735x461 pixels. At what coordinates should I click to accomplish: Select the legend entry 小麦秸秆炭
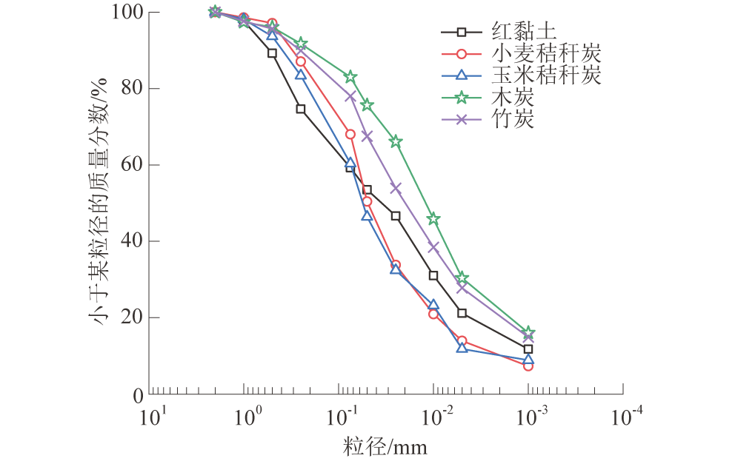point(545,53)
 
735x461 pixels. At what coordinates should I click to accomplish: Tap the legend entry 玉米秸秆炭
point(545,75)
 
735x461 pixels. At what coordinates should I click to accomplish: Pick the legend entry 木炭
point(511,96)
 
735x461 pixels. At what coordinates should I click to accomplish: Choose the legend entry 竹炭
point(511,118)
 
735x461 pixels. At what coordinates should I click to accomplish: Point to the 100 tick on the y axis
point(128,13)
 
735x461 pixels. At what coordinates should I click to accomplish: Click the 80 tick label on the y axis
point(133,89)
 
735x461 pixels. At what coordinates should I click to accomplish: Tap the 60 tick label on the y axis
point(133,165)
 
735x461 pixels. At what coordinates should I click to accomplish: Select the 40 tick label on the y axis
point(133,241)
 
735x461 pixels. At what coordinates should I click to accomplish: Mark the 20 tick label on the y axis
point(133,317)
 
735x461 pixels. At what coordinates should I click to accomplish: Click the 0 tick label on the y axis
point(139,394)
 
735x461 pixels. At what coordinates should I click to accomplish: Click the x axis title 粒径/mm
point(385,447)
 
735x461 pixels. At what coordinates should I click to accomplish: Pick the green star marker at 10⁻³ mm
point(528,332)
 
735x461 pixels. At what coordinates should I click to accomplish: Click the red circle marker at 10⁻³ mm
point(528,366)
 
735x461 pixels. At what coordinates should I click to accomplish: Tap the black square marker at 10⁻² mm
point(433,275)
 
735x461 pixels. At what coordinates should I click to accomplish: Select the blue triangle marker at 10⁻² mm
point(433,305)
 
